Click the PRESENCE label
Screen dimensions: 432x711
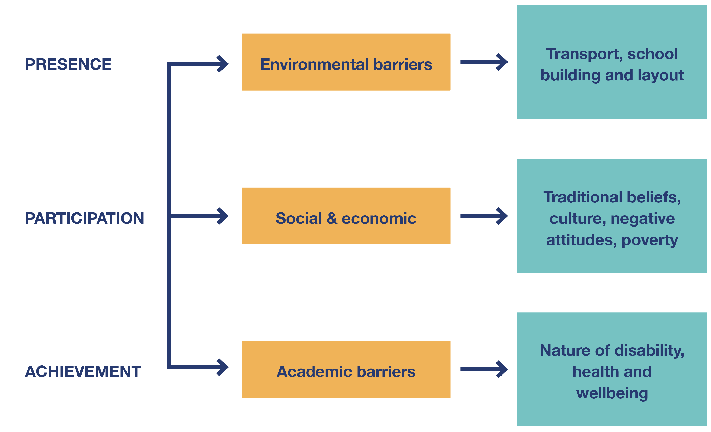point(68,64)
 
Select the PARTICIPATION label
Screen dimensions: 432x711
point(84,218)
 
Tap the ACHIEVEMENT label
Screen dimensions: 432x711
point(83,371)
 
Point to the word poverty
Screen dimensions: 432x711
point(649,240)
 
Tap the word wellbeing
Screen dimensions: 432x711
point(612,393)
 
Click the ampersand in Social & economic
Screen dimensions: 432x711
point(332,218)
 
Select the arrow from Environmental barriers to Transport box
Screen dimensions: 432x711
point(484,62)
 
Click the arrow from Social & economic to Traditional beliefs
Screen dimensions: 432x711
point(484,216)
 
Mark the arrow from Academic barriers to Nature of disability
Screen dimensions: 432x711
point(484,369)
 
